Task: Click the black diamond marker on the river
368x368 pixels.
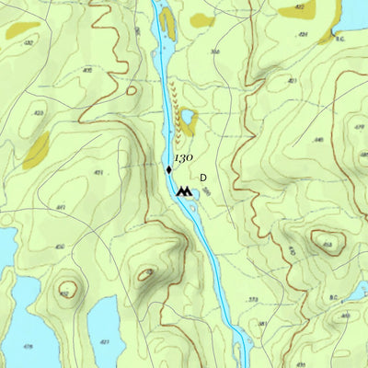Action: click(x=169, y=169)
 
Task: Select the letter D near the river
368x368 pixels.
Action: click(x=202, y=178)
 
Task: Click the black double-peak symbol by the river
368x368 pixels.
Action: click(x=186, y=191)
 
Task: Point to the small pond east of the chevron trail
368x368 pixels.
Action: click(x=188, y=120)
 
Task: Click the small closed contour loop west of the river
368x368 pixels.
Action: click(x=131, y=90)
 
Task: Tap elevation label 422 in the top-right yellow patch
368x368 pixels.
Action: click(x=299, y=7)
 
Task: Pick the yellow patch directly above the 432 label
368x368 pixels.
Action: click(x=17, y=30)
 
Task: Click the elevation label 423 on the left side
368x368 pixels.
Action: click(x=39, y=113)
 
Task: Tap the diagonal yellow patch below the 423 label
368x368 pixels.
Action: click(x=37, y=150)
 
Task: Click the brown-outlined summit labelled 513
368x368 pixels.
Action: click(x=327, y=244)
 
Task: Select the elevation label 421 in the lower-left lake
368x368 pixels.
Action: click(x=103, y=342)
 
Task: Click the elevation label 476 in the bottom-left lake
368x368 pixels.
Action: click(x=28, y=346)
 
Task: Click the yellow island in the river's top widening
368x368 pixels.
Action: click(x=167, y=22)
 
